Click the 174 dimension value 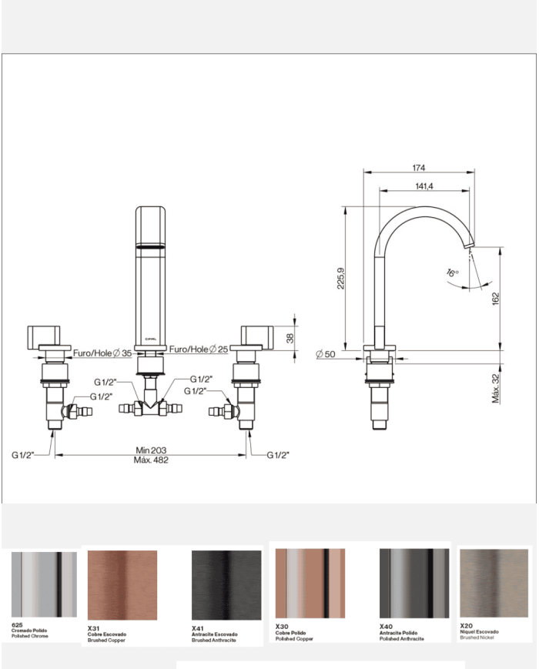click(419, 167)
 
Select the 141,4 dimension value click(424, 186)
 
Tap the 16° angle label click(452, 273)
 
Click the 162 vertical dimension click(496, 296)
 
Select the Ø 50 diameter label click(327, 354)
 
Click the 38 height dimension click(301, 337)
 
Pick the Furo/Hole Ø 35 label click(102, 353)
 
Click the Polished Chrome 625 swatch click(44, 584)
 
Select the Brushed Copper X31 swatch click(122, 585)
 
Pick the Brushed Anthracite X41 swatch click(226, 585)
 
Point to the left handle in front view click(48, 338)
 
